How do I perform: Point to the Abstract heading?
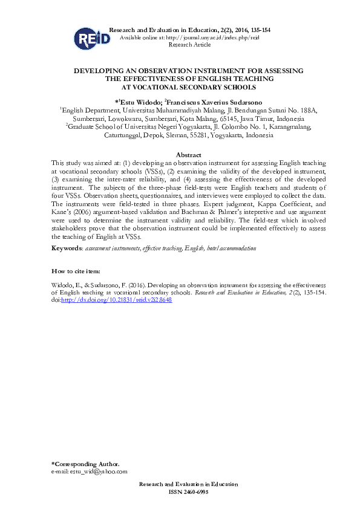tap(188, 155)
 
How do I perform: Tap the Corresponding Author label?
tap(82, 464)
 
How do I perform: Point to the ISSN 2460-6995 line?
tap(188, 492)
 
